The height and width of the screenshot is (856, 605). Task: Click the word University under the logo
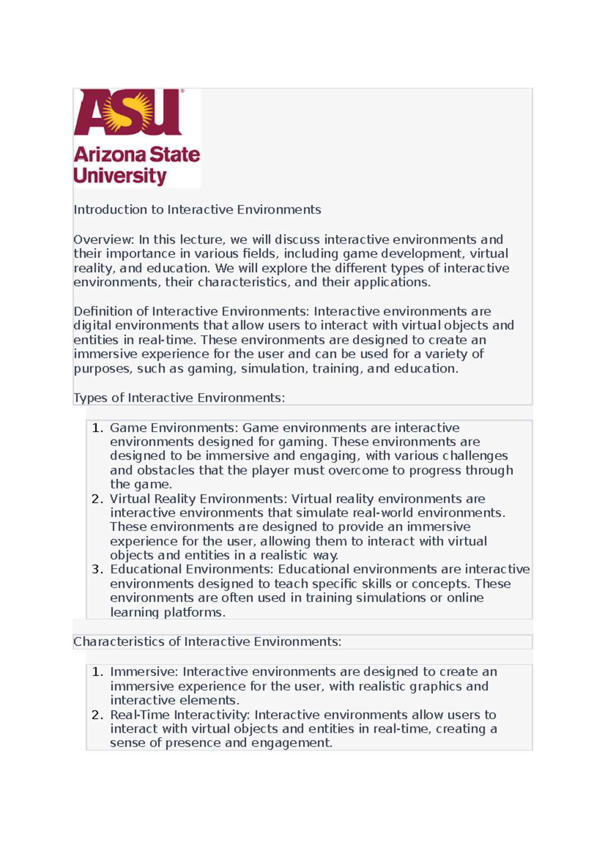[120, 176]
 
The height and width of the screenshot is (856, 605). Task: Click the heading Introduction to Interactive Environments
[197, 210]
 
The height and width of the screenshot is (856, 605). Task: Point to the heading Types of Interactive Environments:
[179, 398]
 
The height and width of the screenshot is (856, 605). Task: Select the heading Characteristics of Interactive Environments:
[207, 642]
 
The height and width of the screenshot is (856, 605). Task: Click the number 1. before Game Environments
[97, 428]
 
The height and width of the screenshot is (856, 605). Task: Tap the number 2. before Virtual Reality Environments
[97, 499]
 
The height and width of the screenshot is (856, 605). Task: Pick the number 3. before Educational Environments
[97, 570]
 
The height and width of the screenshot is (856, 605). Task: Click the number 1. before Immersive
[97, 672]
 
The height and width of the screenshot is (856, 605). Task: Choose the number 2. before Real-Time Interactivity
[97, 715]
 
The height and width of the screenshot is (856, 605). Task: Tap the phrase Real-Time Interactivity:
[180, 715]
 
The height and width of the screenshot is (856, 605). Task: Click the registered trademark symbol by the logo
[182, 91]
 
